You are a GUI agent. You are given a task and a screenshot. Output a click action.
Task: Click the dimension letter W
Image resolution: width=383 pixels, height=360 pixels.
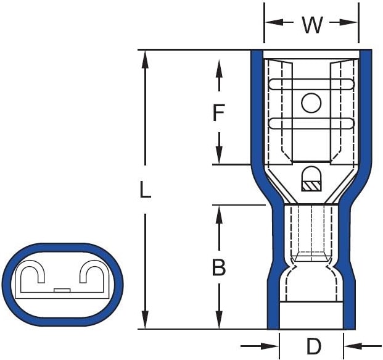click(x=312, y=25)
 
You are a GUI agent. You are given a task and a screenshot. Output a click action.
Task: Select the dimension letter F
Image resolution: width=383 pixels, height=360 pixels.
click(x=218, y=112)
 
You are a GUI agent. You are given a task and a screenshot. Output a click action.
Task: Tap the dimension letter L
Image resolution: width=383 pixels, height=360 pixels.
click(x=146, y=189)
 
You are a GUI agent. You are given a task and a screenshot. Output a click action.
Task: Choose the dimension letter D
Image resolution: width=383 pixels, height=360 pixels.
click(x=313, y=346)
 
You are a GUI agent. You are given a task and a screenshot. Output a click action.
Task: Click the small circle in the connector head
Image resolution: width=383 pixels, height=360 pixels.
click(x=311, y=103)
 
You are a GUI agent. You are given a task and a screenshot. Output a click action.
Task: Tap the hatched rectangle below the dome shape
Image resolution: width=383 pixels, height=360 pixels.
click(x=311, y=186)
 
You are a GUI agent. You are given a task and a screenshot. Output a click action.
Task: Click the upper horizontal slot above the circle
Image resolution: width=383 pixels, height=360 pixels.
click(x=311, y=84)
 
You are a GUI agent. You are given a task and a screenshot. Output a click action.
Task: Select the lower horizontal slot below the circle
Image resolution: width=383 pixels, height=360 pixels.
click(x=311, y=123)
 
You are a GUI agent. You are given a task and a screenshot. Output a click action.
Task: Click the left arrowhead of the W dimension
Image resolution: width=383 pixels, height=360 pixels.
click(x=274, y=22)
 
